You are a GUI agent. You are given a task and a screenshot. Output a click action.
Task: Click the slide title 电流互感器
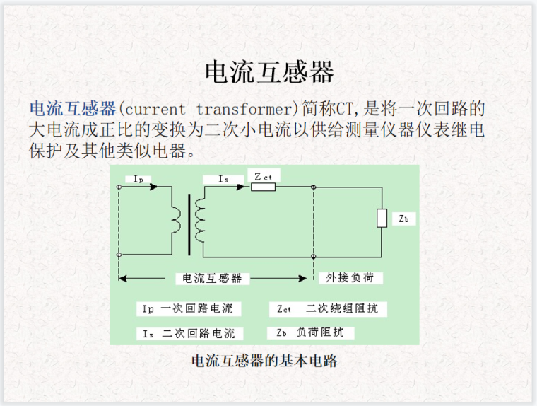click(268, 71)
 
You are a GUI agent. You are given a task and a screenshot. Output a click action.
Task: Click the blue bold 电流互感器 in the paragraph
click(72, 109)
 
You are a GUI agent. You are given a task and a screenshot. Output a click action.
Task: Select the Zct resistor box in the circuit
click(263, 187)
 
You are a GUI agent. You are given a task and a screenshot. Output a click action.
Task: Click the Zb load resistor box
click(382, 219)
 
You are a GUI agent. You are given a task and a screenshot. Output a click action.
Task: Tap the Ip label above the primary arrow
click(138, 180)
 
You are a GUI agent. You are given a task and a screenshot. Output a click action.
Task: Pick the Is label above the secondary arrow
click(224, 180)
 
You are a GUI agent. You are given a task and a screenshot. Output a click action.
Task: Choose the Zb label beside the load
click(403, 219)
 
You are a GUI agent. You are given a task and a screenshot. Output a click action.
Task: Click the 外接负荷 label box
click(350, 277)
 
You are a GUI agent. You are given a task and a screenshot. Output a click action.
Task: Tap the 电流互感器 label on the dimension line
click(212, 278)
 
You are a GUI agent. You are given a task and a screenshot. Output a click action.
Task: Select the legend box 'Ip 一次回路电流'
click(188, 309)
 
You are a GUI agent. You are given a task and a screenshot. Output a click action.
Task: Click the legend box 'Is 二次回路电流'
click(189, 333)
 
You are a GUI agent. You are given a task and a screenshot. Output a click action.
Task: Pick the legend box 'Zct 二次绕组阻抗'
click(327, 309)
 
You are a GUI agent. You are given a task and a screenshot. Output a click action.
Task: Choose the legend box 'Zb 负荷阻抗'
click(310, 332)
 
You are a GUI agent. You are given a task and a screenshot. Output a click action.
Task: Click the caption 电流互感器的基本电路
click(265, 361)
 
